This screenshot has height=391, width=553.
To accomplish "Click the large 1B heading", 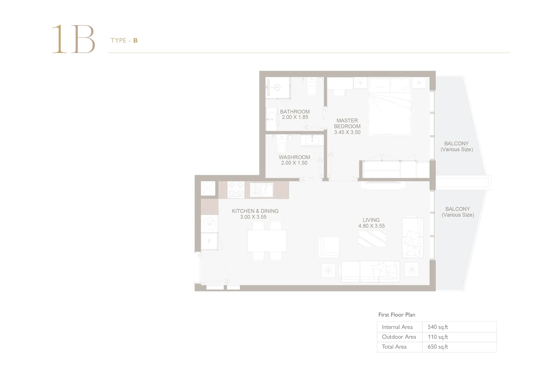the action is (73, 39).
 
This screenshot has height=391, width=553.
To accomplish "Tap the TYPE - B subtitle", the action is (124, 41).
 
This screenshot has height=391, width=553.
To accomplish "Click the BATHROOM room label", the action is (295, 112).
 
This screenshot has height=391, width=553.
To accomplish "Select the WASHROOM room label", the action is (294, 157).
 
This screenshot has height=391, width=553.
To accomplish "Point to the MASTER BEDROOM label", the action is (347, 123).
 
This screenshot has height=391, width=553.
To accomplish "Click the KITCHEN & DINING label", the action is (255, 211).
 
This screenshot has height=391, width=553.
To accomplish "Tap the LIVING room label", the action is (371, 220).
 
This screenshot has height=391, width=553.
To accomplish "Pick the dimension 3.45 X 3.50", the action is (347, 132).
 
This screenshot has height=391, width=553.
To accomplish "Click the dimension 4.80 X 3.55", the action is (372, 226).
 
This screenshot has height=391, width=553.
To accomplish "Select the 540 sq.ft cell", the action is (438, 327).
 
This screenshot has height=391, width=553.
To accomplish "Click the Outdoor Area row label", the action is (399, 337).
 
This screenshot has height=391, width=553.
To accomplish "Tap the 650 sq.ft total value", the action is (438, 347).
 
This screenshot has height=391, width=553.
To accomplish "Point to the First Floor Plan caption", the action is (397, 315).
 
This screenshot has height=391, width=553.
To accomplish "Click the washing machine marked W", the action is (209, 224).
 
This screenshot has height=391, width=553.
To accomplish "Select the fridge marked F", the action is (209, 241).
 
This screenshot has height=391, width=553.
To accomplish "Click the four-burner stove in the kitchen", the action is (236, 190).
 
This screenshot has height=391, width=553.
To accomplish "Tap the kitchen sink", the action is (261, 190).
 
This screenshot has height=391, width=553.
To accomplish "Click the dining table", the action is (267, 241).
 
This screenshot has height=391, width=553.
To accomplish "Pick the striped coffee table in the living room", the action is (372, 239).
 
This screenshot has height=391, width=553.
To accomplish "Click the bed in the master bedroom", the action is (390, 106).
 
